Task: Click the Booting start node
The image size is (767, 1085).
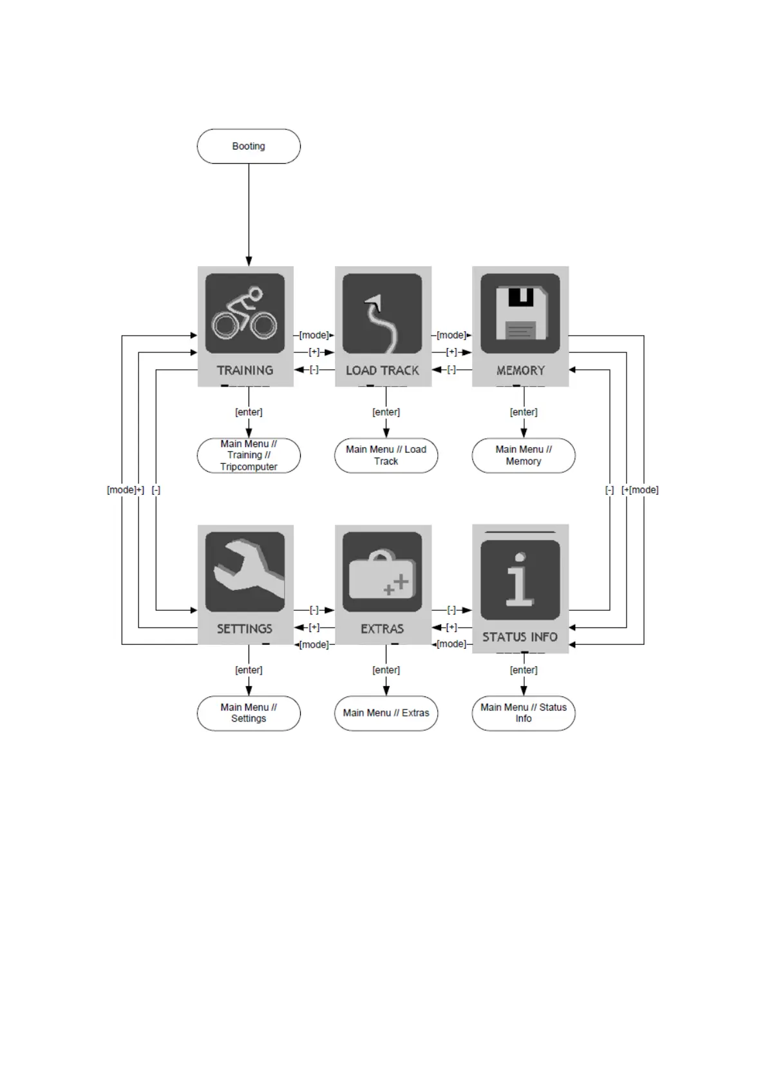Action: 249,146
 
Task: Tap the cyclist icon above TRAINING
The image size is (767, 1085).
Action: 245,313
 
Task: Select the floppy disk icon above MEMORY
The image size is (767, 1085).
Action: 520,313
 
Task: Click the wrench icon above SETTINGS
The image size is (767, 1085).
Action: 245,571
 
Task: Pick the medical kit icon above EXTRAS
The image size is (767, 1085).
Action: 382,571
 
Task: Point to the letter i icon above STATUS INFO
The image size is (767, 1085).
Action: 520,580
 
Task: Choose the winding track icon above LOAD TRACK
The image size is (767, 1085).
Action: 382,313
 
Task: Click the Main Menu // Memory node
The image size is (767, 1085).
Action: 524,456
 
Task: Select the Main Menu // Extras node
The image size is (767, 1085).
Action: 386,713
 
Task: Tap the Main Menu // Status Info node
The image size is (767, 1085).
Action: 524,713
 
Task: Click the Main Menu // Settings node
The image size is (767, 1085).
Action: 249,713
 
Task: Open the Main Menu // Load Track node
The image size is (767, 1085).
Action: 386,456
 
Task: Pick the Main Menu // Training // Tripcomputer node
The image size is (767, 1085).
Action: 249,456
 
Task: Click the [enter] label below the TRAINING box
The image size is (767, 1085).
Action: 249,412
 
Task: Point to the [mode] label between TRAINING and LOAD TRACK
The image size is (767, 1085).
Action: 314,334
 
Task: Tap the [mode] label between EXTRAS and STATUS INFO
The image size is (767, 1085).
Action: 451,644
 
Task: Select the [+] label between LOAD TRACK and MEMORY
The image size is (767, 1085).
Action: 451,352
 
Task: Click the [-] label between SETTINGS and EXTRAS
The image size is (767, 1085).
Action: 314,610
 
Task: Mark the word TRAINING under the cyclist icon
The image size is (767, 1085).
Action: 245,370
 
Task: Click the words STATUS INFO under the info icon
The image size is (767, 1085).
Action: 520,637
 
